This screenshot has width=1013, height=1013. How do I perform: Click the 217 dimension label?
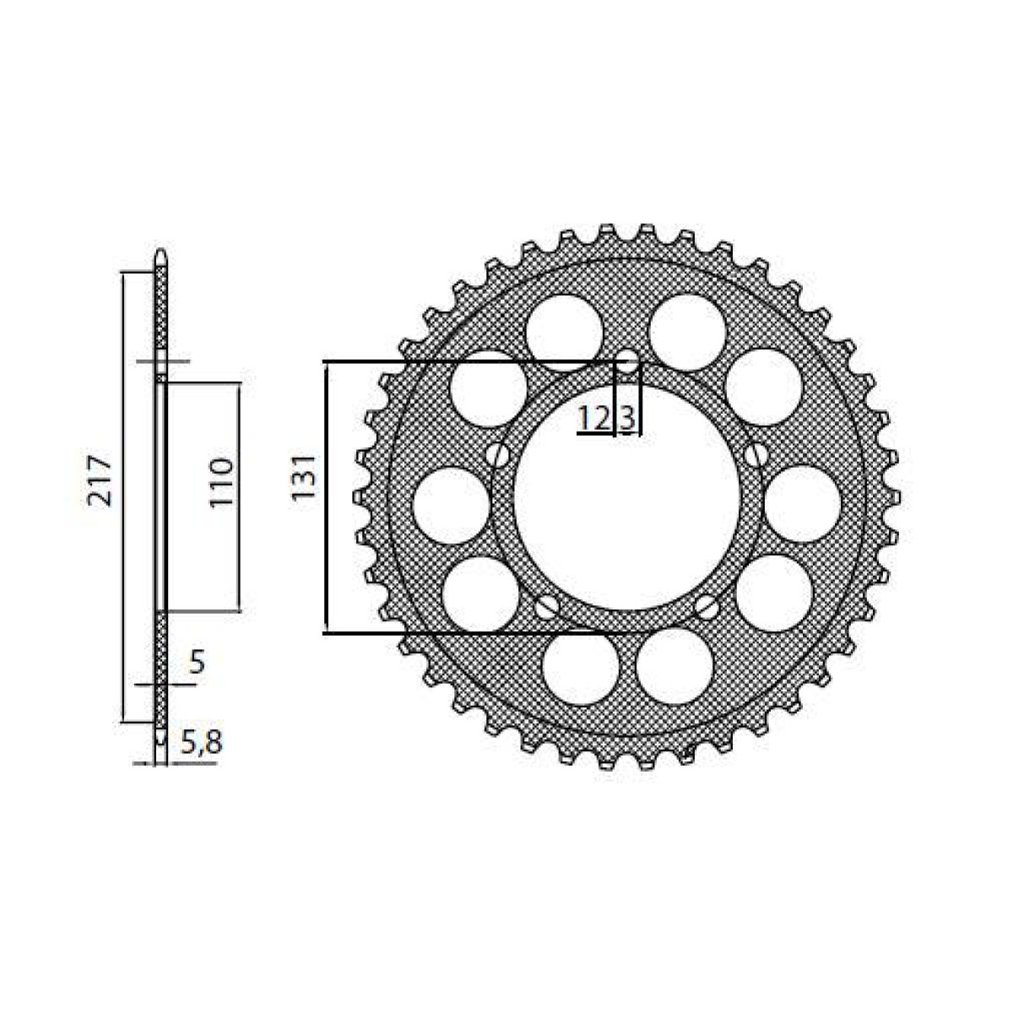pos(101,480)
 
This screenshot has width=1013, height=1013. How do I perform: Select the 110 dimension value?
pos(221,482)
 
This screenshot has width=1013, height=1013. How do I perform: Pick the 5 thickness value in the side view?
pos(196,663)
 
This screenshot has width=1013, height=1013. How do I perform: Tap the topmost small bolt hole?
pos(629,363)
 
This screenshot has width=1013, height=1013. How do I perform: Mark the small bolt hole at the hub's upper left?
pos(501,456)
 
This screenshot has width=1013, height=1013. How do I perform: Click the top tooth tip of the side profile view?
pos(160,255)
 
